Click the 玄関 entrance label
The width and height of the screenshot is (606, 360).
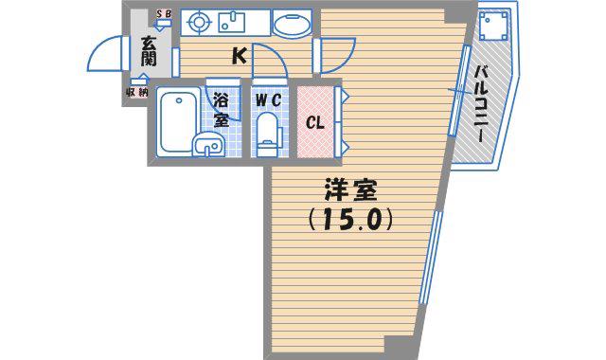(149, 51)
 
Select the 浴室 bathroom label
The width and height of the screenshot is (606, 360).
(222, 110)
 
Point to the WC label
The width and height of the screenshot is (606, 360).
(268, 100)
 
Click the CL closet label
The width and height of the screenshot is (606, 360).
(315, 123)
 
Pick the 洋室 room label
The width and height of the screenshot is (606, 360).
(351, 189)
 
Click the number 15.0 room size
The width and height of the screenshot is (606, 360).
(351, 219)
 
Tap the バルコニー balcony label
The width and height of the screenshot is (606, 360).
(480, 103)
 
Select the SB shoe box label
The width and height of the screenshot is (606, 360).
(164, 14)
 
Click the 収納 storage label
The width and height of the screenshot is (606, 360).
(136, 93)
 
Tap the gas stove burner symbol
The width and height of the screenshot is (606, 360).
(199, 22)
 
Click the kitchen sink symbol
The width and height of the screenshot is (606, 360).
(232, 22)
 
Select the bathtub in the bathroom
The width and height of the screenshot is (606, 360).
(178, 121)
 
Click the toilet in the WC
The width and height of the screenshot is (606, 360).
(267, 135)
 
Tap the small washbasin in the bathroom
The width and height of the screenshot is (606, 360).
(208, 146)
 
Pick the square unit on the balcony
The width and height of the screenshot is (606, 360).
(493, 26)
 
